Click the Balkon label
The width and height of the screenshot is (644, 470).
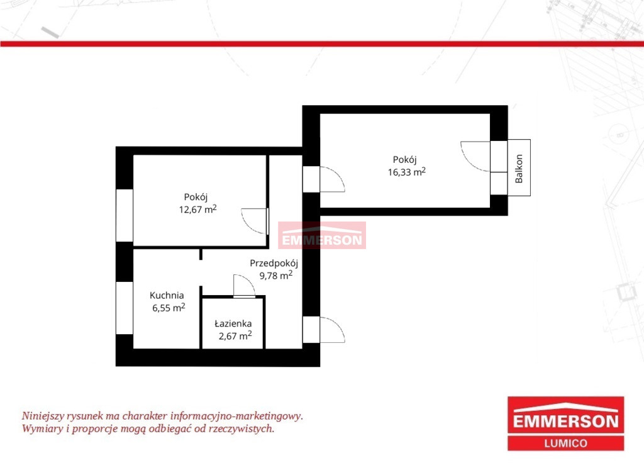pyautogui.click(x=519, y=169)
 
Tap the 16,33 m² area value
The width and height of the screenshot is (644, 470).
pyautogui.click(x=407, y=172)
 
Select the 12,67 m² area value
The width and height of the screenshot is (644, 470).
pyautogui.click(x=197, y=209)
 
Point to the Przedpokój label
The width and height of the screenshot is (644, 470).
pyautogui.click(x=274, y=263)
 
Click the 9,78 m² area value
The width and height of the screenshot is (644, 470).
pyautogui.click(x=275, y=275)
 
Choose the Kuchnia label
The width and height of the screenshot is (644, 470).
pyautogui.click(x=167, y=295)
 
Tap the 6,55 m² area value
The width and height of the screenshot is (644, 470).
pyautogui.click(x=169, y=307)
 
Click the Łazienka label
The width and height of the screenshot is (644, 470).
pyautogui.click(x=233, y=323)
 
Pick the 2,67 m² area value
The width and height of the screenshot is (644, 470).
pyautogui.click(x=235, y=335)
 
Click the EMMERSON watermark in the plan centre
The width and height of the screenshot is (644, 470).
pyautogui.click(x=322, y=240)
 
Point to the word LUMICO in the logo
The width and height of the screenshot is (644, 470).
pyautogui.click(x=565, y=444)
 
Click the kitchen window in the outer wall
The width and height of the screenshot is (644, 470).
pyautogui.click(x=125, y=308)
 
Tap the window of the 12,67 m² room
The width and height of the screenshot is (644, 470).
pyautogui.click(x=125, y=215)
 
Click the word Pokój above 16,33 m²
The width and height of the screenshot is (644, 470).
pyautogui.click(x=404, y=160)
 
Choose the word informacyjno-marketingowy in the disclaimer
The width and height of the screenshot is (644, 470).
pyautogui.click(x=236, y=416)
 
